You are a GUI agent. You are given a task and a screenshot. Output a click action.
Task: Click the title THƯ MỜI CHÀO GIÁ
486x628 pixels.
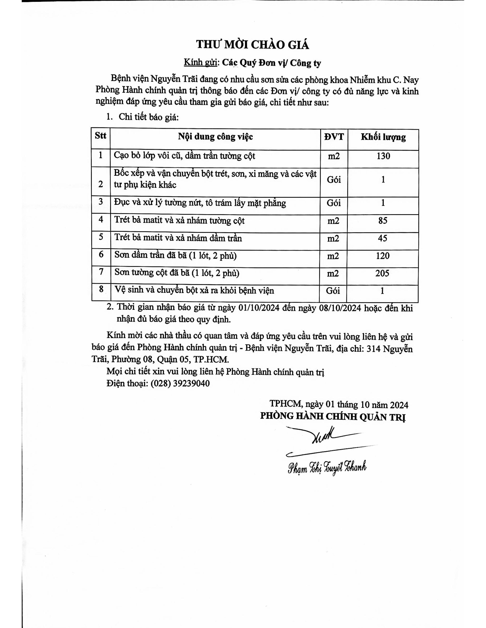point(253,45)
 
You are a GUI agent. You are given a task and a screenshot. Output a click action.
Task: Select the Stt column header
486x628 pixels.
point(100,136)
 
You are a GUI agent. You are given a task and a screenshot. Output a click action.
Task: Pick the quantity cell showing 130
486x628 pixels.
point(383,156)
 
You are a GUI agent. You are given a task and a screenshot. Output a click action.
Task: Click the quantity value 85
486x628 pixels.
point(383,221)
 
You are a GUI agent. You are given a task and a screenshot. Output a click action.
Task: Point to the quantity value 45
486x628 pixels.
point(383,238)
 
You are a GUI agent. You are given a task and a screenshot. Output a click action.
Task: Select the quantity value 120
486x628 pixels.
point(383,256)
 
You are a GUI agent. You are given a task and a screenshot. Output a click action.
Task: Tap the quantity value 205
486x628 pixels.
point(382,273)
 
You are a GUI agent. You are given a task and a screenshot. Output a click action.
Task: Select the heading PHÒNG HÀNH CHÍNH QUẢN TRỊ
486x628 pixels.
point(333,417)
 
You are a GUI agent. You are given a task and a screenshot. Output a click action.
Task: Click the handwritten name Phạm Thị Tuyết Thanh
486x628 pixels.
point(327,468)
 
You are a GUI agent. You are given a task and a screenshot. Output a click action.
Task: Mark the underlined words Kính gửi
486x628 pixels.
point(200,63)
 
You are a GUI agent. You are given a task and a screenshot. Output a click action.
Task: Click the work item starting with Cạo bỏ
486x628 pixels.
point(184,156)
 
